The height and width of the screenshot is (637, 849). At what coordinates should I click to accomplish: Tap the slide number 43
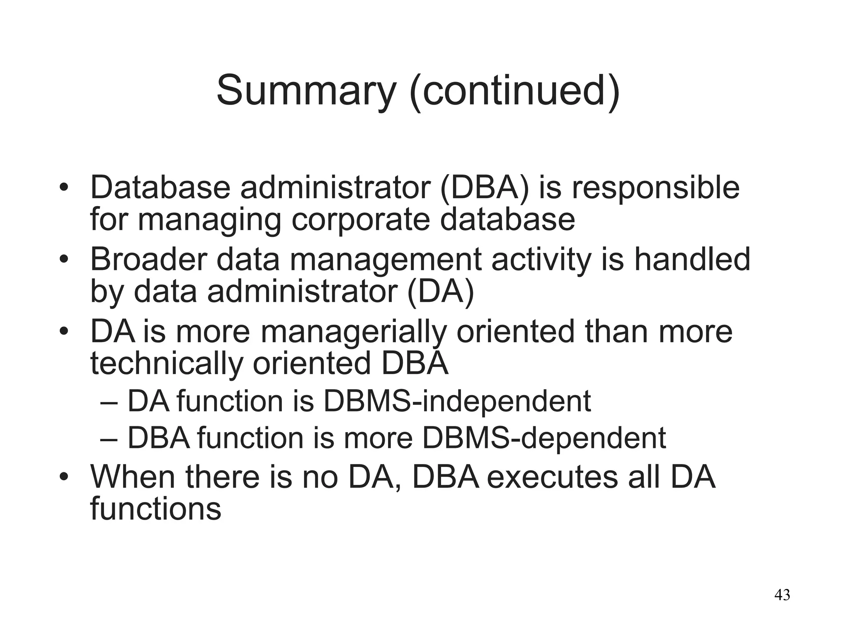pos(782,595)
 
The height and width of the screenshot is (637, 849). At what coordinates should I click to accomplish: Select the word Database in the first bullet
pos(160,188)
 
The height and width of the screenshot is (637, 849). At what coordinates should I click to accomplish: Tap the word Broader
pos(148,260)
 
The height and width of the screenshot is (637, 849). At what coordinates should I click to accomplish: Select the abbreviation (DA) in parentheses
pos(441,291)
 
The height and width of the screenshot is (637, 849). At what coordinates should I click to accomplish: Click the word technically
pos(166,364)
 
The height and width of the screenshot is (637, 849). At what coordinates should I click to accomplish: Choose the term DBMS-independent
pos(456,401)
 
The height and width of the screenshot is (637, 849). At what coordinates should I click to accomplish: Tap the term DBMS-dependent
pos(543,438)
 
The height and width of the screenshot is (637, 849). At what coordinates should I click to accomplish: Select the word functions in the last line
pos(155,509)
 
